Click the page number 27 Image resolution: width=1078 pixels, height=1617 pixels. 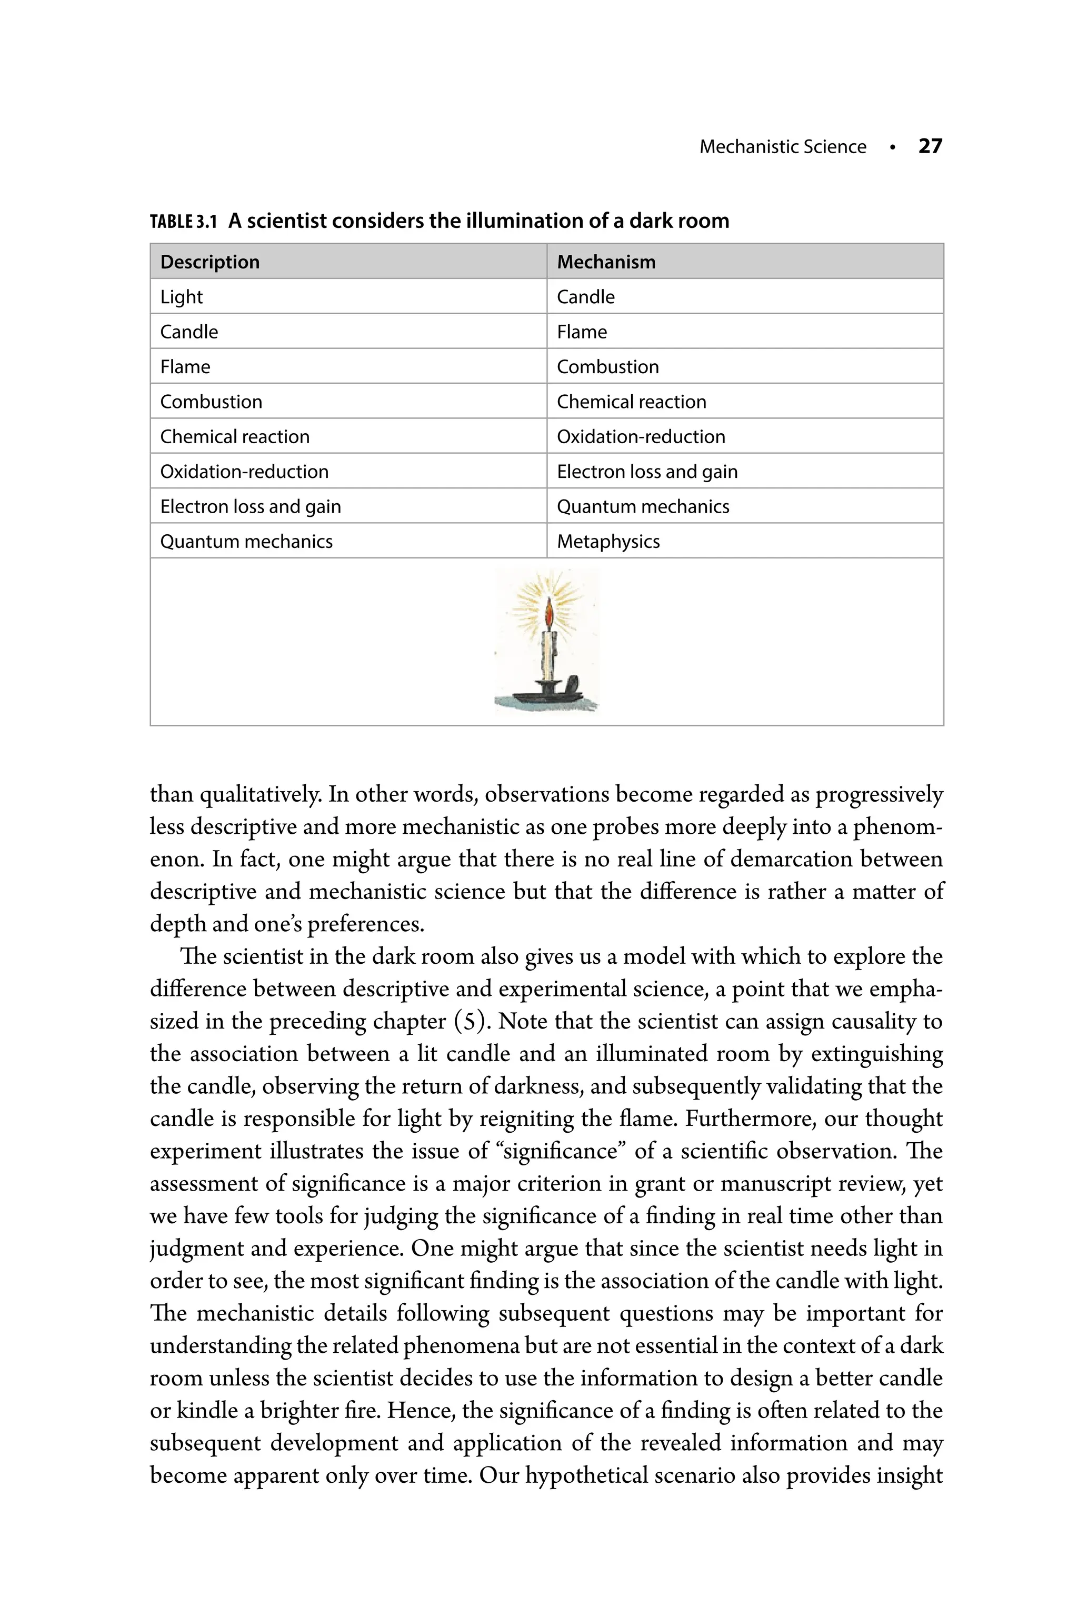[930, 146]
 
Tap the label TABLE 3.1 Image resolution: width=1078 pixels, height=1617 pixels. [183, 222]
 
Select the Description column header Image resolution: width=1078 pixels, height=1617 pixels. [209, 262]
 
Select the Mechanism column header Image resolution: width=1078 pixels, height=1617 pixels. [606, 262]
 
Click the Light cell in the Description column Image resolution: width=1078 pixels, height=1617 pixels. [182, 297]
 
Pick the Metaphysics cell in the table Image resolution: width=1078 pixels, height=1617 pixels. [608, 542]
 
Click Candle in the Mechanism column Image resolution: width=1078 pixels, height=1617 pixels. [586, 297]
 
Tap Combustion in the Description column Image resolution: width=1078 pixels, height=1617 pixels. [211, 402]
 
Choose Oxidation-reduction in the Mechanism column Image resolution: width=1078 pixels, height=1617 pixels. [641, 436]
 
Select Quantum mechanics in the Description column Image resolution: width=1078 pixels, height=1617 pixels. [246, 542]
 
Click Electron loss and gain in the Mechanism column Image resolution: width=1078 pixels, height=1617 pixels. [647, 472]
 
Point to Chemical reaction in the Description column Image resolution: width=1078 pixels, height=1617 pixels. [234, 436]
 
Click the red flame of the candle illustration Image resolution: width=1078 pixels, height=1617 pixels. [548, 612]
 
